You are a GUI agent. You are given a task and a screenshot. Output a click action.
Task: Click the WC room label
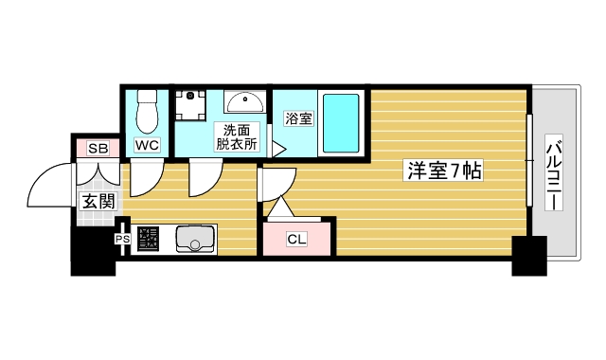pyautogui.click(x=147, y=145)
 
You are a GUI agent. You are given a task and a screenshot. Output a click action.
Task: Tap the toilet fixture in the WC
pyautogui.click(x=147, y=112)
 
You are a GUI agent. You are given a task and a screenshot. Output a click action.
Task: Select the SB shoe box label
pyautogui.click(x=98, y=148)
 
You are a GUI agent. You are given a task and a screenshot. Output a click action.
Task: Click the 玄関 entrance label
pyautogui.click(x=98, y=200)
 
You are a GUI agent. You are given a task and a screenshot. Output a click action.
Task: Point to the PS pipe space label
pyautogui.click(x=122, y=240)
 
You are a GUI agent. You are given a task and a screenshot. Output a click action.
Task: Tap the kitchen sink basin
pyautogui.click(x=195, y=240)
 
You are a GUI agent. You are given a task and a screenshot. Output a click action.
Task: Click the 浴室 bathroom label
pyautogui.click(x=296, y=117)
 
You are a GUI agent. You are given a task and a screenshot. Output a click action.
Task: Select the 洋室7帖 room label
pyautogui.click(x=445, y=171)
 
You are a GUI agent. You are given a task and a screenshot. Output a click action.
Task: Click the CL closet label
pyautogui.click(x=296, y=239)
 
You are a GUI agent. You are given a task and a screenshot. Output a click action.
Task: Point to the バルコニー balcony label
pyautogui.click(x=555, y=174)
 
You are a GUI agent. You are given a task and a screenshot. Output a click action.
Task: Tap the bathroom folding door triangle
pyautogui.click(x=278, y=148)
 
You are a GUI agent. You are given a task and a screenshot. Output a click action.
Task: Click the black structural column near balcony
pyautogui.click(x=529, y=256)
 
